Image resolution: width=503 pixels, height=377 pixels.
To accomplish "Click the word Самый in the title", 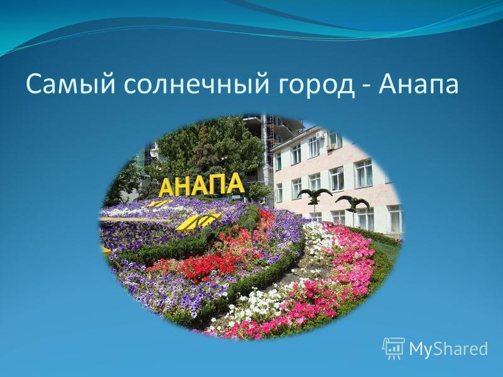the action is point(70,84).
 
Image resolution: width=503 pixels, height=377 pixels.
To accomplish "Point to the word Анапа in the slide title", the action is point(418,84).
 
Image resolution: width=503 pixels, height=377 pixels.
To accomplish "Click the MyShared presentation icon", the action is point(394,348).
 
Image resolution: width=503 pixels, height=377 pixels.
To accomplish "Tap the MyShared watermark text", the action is point(448,349).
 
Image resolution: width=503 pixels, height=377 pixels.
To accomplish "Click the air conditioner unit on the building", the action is point(331,147).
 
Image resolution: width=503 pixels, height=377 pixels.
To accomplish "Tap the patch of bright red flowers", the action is point(206,266).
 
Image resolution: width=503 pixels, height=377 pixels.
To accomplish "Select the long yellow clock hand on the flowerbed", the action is point(135,220).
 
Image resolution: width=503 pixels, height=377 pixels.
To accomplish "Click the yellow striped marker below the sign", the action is point(197,222).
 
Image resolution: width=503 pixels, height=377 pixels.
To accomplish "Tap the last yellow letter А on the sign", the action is point(235,183).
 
